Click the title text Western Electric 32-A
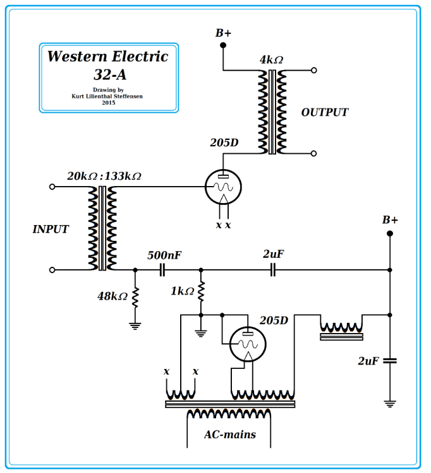click(108, 65)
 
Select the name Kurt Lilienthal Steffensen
click(108, 96)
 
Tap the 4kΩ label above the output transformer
click(271, 61)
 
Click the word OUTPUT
click(324, 113)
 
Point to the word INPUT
click(51, 230)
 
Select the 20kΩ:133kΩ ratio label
click(104, 176)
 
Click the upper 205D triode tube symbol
click(224, 187)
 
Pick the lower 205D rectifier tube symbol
click(248, 344)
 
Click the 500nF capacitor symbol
click(162, 270)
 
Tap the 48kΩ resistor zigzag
click(135, 296)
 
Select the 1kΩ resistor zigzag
click(201, 291)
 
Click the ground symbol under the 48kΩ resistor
click(135, 325)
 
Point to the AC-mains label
click(229, 435)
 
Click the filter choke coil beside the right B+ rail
click(341, 329)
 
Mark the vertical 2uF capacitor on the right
click(390, 361)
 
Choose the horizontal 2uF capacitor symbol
click(273, 270)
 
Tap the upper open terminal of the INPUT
click(52, 187)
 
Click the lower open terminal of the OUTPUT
click(313, 153)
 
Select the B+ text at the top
click(223, 33)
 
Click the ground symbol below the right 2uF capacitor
click(390, 403)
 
